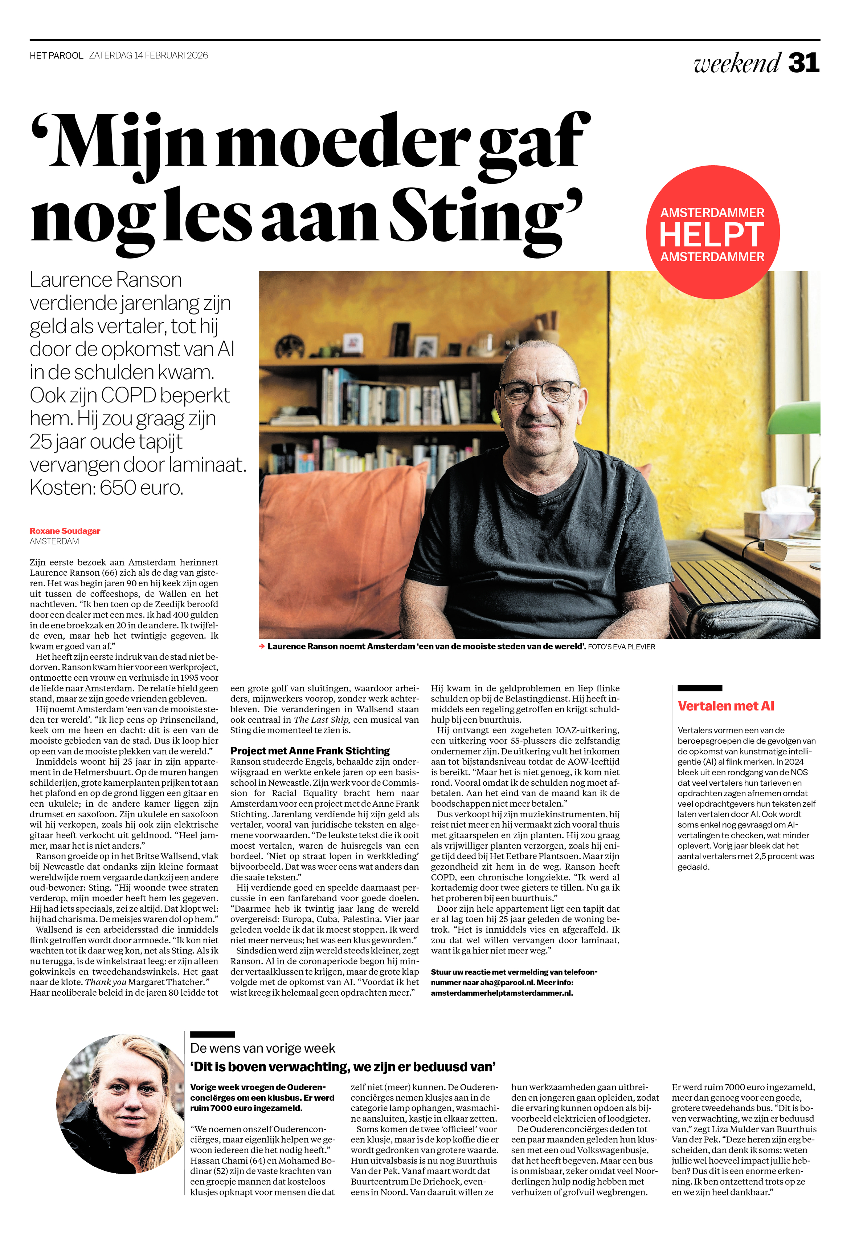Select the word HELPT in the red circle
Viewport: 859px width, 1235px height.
[x=712, y=235]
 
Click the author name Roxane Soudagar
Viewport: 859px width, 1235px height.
[x=65, y=531]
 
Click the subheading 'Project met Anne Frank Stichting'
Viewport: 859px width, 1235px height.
[x=310, y=750]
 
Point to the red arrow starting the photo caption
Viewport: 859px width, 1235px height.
[x=262, y=647]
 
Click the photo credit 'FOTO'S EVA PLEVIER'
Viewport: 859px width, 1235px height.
[x=621, y=647]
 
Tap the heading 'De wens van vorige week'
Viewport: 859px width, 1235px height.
[x=262, y=1048]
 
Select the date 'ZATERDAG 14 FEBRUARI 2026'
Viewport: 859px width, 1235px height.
[x=148, y=56]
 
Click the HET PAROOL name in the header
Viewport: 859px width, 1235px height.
[x=57, y=56]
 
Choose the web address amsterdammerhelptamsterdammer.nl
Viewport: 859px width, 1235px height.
[x=502, y=993]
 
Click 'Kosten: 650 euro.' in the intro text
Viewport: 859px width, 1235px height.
[x=106, y=487]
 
